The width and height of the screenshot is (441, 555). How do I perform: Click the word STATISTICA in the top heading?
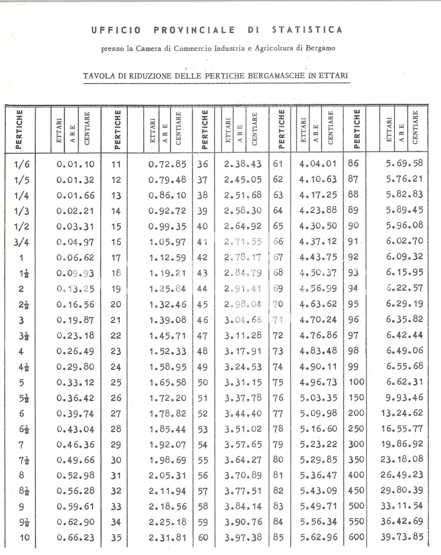(307, 30)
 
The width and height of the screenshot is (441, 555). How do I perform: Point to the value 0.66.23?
(75, 537)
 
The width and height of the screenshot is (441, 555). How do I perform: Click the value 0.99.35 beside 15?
(167, 227)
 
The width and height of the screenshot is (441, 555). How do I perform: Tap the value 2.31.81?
(167, 537)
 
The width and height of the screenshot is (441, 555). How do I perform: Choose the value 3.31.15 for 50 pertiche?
(243, 382)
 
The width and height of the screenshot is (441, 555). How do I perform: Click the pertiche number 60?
(203, 537)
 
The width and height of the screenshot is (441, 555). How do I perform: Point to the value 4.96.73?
(318, 382)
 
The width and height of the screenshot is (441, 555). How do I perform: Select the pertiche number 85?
(278, 537)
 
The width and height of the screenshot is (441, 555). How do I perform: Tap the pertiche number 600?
(356, 537)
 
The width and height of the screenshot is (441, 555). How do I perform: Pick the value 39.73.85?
(402, 537)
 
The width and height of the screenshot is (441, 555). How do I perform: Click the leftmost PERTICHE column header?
(19, 129)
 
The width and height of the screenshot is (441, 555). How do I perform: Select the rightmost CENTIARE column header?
(415, 128)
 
